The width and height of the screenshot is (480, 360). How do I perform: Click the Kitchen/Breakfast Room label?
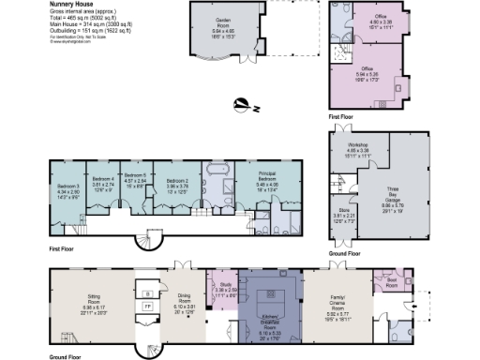[269, 327]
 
